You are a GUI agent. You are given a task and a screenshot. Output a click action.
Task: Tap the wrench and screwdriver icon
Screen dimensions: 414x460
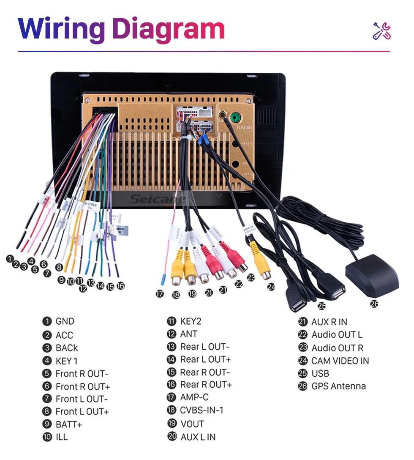(x=382, y=30)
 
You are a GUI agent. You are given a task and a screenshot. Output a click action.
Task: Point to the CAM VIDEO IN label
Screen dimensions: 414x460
(x=340, y=361)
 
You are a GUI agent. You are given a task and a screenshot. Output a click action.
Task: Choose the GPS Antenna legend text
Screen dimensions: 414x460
(x=338, y=386)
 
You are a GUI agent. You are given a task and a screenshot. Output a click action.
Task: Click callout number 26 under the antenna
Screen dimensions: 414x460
(x=374, y=304)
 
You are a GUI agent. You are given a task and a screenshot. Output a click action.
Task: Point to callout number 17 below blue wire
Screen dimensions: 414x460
(x=159, y=293)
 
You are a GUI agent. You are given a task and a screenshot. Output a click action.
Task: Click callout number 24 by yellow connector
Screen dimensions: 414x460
(x=271, y=287)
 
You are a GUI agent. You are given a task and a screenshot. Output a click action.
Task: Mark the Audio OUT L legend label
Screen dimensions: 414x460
(x=337, y=335)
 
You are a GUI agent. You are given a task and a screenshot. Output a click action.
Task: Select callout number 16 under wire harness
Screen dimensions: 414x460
(x=121, y=286)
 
